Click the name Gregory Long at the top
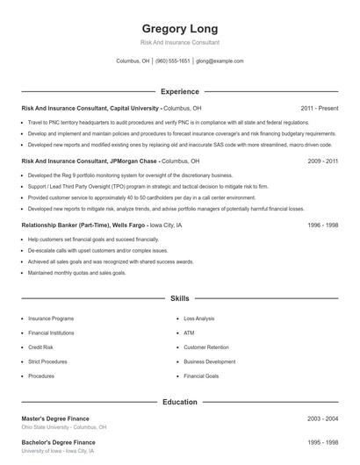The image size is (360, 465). pyautogui.click(x=179, y=28)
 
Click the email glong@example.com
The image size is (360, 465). pyautogui.click(x=220, y=61)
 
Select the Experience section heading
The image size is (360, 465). pyautogui.click(x=179, y=91)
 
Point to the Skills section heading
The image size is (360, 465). pyautogui.click(x=179, y=298)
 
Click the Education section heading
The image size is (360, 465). pyautogui.click(x=179, y=402)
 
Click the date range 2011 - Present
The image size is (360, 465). pyautogui.click(x=319, y=108)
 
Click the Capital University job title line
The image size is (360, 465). pyautogui.click(x=112, y=108)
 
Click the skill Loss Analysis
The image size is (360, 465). pyautogui.click(x=199, y=318)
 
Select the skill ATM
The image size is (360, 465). pyautogui.click(x=188, y=333)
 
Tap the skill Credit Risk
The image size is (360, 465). pyautogui.click(x=40, y=347)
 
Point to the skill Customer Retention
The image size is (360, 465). pyautogui.click(x=207, y=347)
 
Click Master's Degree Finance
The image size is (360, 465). pyautogui.click(x=55, y=418)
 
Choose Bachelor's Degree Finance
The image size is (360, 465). pyautogui.click(x=58, y=442)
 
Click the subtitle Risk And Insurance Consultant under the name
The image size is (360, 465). pyautogui.click(x=179, y=42)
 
